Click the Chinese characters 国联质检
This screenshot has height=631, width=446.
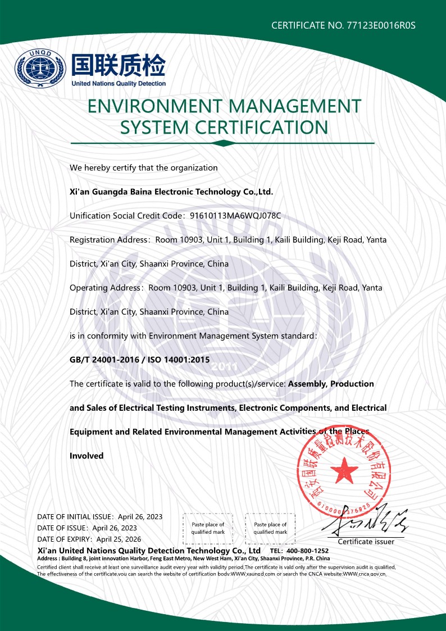[x=119, y=65]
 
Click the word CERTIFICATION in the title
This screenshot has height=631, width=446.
[x=262, y=127]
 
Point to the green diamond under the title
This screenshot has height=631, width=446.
[x=223, y=143]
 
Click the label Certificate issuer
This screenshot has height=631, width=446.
[x=366, y=542]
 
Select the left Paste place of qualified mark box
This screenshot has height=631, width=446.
[x=208, y=528]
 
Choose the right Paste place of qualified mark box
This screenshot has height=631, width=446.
[x=270, y=528]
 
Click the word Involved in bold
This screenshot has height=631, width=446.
[x=87, y=456]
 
